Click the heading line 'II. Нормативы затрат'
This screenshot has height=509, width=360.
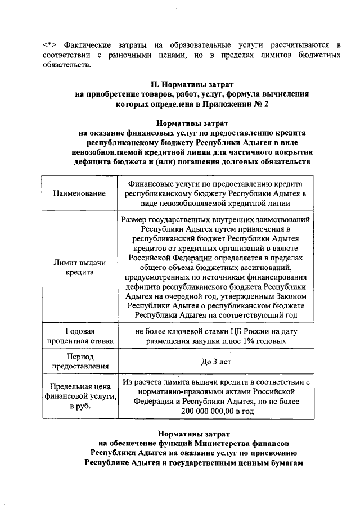point(179,84)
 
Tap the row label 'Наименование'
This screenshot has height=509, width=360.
point(79,193)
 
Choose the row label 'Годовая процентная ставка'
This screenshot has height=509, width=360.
point(79,336)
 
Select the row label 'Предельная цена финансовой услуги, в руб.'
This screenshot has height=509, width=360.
point(79,397)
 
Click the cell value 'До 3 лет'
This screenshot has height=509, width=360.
point(217,362)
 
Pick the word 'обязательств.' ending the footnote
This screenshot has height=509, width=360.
point(66,65)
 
